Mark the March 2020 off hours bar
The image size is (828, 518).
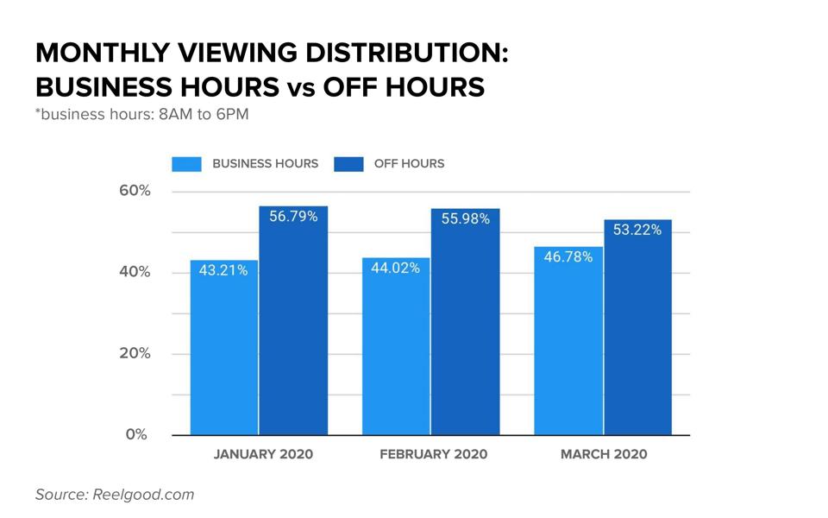point(637,327)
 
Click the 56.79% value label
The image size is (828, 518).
point(293,217)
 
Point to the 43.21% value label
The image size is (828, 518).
point(223,270)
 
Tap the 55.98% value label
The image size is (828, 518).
point(466,219)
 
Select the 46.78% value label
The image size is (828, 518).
point(568,256)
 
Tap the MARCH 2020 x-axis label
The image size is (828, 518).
point(603,454)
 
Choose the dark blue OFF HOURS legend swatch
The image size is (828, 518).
point(348,164)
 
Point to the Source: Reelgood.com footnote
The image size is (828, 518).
point(115,495)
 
